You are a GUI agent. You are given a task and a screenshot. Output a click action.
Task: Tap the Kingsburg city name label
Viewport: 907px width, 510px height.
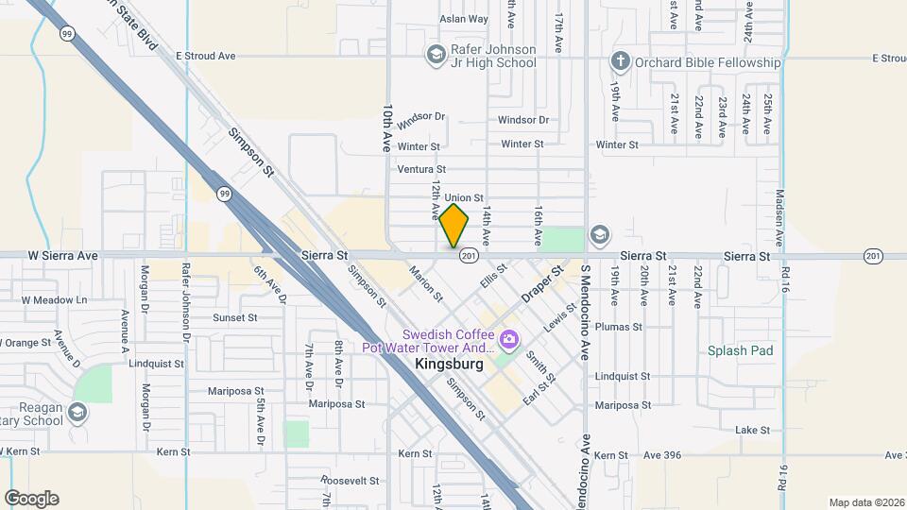449,364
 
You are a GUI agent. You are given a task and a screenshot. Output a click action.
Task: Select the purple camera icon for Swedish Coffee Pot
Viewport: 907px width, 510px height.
509,338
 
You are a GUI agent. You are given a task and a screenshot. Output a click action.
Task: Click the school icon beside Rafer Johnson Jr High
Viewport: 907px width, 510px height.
435,55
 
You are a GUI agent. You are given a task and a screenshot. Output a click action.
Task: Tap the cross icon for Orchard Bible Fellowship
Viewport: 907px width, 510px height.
620,62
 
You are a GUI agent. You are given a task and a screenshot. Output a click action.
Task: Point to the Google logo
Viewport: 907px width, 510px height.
31,499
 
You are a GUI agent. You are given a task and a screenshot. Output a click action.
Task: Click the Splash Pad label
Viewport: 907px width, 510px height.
741,350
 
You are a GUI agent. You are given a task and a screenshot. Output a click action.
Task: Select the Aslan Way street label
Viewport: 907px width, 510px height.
464,19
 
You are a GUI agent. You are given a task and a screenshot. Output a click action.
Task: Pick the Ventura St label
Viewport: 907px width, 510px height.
420,170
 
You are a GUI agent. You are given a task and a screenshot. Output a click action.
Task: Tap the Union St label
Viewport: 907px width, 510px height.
464,197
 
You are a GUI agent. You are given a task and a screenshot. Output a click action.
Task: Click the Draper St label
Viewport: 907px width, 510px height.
542,283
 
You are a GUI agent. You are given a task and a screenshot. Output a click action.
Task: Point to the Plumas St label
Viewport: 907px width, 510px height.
619,327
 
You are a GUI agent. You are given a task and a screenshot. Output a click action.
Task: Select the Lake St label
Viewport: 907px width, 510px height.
752,430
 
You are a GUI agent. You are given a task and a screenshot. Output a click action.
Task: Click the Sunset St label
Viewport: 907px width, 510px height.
236,318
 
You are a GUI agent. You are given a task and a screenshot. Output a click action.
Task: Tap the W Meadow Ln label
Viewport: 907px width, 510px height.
54,300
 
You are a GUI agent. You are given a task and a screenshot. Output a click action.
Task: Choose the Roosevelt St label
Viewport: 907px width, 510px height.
350,481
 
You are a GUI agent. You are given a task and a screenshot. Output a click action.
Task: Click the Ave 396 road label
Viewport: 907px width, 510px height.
662,456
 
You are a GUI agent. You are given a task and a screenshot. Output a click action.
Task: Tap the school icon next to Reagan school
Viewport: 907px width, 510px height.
77,412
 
